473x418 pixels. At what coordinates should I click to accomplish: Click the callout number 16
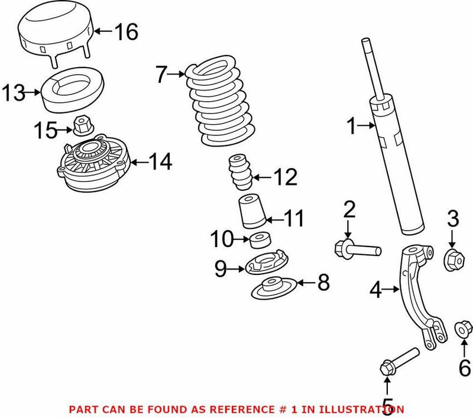coord(125,31)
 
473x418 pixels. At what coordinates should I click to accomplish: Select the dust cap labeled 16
coord(57,30)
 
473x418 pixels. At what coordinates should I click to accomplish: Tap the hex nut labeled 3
coord(452,258)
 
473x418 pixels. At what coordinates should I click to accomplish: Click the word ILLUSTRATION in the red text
coord(363,409)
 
